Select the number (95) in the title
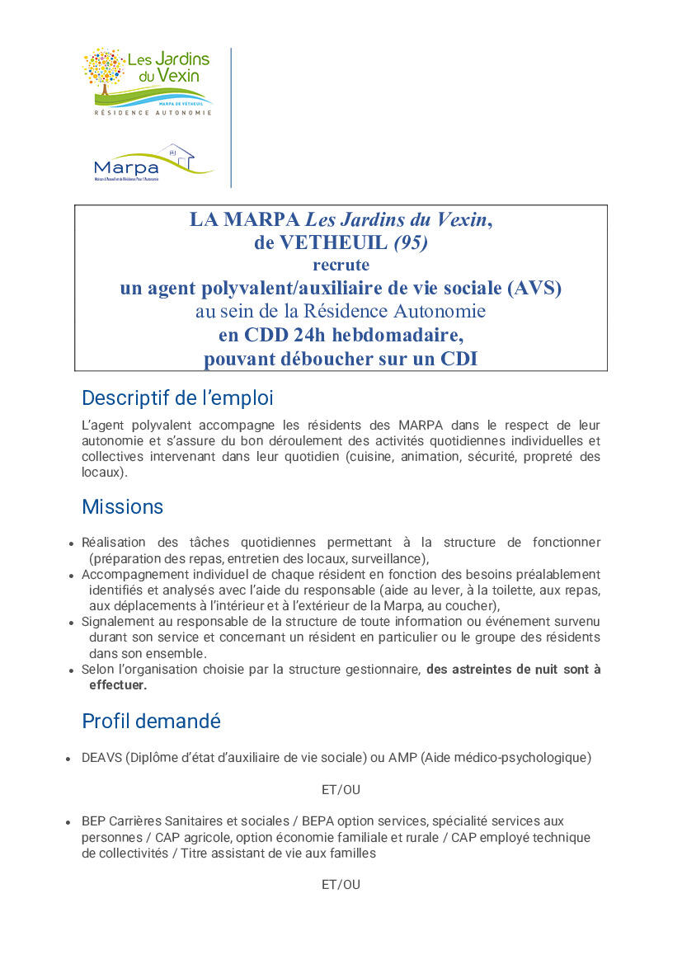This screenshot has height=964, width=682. click(411, 242)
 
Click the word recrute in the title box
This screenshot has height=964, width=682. click(341, 266)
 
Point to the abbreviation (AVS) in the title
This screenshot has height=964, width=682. click(534, 288)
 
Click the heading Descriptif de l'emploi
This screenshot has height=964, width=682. click(177, 398)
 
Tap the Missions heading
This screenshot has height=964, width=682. click(123, 506)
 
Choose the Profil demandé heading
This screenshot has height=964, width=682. click(151, 722)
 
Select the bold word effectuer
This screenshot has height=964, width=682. click(118, 685)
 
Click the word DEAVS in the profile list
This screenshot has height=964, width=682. click(101, 758)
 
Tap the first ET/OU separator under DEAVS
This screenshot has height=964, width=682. click(341, 790)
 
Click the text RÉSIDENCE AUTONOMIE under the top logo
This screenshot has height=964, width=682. click(153, 113)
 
